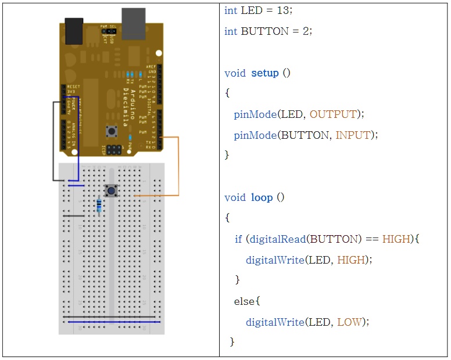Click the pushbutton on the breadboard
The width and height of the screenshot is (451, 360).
pos(110,190)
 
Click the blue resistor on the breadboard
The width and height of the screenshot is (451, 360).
pos(99,204)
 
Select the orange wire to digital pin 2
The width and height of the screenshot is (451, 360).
pos(178,168)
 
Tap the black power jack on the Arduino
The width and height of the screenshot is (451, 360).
pos(74,31)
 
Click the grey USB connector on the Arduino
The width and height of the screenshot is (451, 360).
pos(133,23)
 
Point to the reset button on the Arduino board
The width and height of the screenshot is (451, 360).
pos(109,131)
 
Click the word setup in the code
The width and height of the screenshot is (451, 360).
pos(264,73)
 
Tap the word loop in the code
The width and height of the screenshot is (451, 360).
pos(262,197)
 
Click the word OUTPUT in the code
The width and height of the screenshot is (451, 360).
pos(333,114)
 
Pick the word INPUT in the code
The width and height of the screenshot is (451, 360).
pos(353,135)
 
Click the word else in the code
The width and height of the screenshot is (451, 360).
pos(244,301)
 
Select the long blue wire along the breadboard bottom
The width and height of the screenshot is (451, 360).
pos(113,321)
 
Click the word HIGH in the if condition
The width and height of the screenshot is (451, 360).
pos(396,239)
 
